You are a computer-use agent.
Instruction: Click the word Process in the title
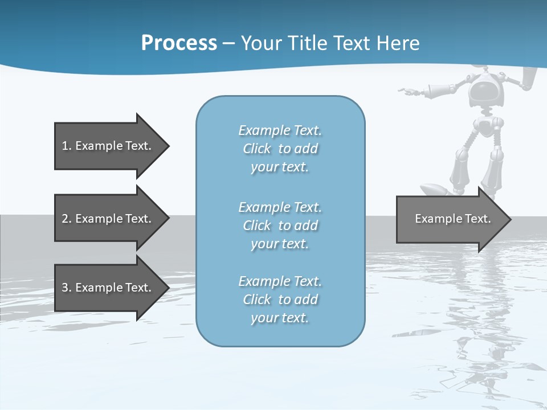(x=179, y=43)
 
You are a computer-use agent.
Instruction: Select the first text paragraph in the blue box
(x=280, y=149)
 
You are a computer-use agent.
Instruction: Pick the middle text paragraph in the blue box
(x=280, y=225)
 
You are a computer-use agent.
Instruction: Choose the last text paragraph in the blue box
(x=280, y=300)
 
